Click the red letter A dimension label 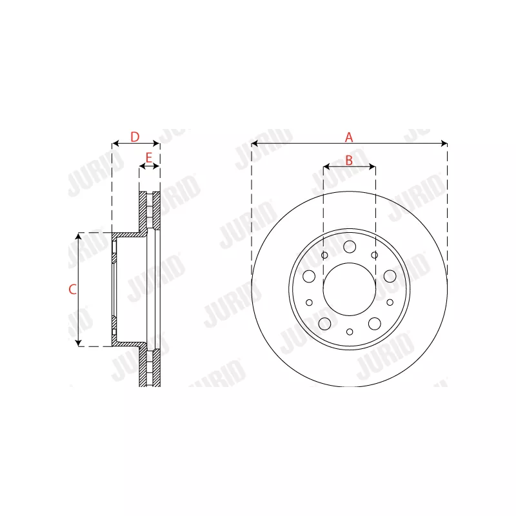point(349,137)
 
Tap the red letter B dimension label point(349,161)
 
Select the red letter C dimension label point(72,290)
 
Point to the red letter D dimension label point(135,137)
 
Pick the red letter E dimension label point(149,158)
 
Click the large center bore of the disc point(349,289)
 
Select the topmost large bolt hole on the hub point(350,246)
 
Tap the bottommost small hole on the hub point(350,332)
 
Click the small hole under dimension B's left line point(324,255)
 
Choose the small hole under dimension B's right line point(375,255)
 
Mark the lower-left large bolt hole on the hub point(324,323)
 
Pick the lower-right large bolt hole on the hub point(375,323)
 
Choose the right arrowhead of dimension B point(372,167)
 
